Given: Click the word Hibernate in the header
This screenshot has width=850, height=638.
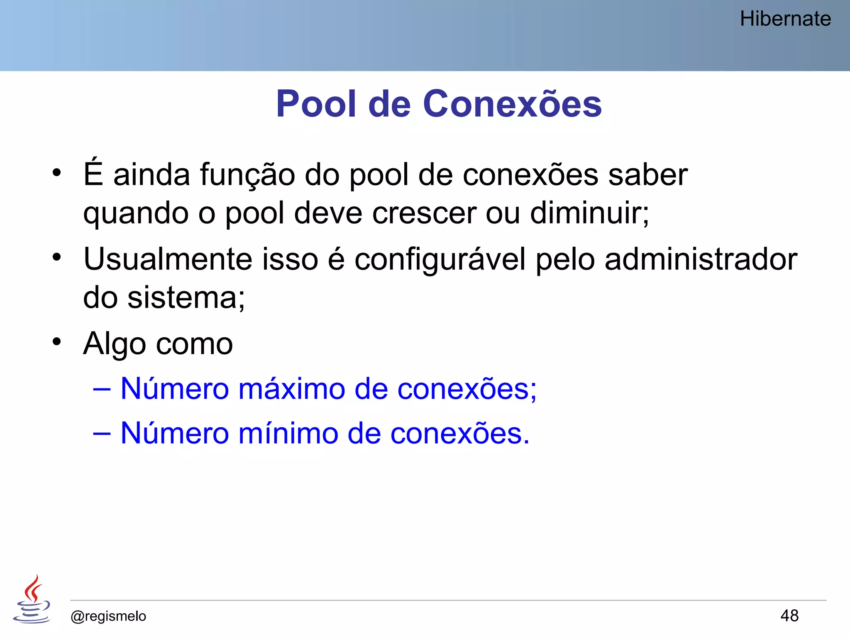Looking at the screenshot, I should [x=785, y=19].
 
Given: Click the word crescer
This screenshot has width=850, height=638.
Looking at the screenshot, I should [x=424, y=213].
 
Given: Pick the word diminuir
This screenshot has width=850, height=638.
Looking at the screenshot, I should [x=589, y=213].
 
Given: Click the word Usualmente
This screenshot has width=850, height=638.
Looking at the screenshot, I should [x=168, y=259].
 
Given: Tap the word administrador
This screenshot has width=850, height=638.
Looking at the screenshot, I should [x=701, y=259].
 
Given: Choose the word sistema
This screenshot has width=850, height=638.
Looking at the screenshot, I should [x=186, y=298].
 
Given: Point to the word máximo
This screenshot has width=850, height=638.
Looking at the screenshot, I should [x=292, y=389].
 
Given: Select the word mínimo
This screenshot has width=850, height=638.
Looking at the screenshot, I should [x=288, y=433].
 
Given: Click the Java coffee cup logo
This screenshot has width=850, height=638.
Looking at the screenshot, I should [x=32, y=600].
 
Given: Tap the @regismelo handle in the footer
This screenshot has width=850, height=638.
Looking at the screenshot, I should [x=108, y=616].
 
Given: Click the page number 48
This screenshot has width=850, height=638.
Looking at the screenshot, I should [x=789, y=616].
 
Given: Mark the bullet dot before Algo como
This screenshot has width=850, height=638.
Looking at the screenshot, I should [x=57, y=341].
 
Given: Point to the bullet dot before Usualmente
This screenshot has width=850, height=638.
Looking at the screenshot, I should [x=57, y=257].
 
